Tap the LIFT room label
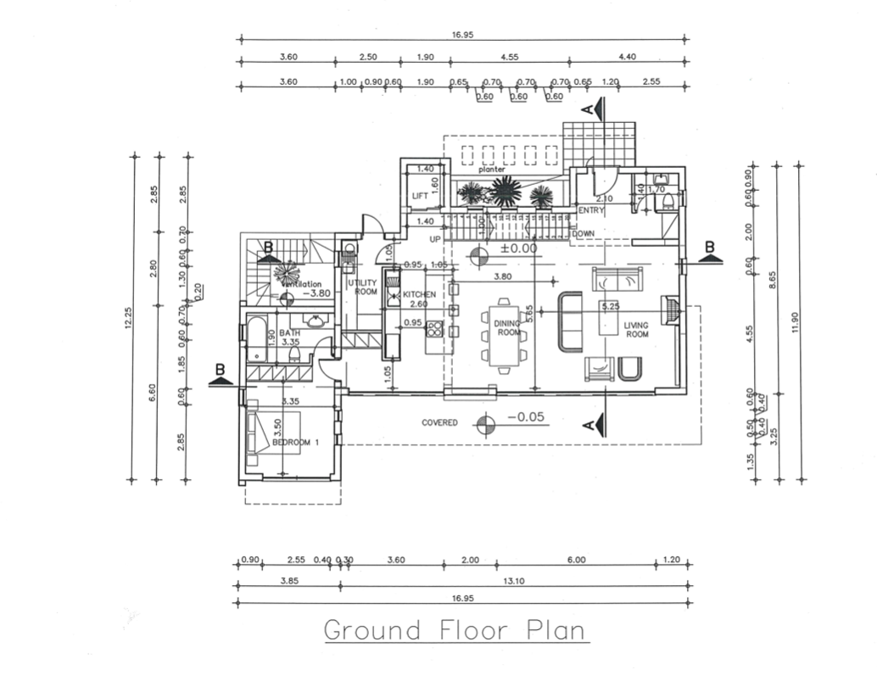pos(420,197)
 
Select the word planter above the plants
pos(491,170)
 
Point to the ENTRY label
pos(590,209)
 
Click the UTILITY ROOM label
pos(366,287)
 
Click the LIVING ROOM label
pos(636,329)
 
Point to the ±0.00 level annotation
pos(518,249)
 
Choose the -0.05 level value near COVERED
pos(524,417)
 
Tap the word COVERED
pos(440,422)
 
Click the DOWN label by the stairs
pos(583,233)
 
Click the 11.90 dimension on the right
pos(798,323)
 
